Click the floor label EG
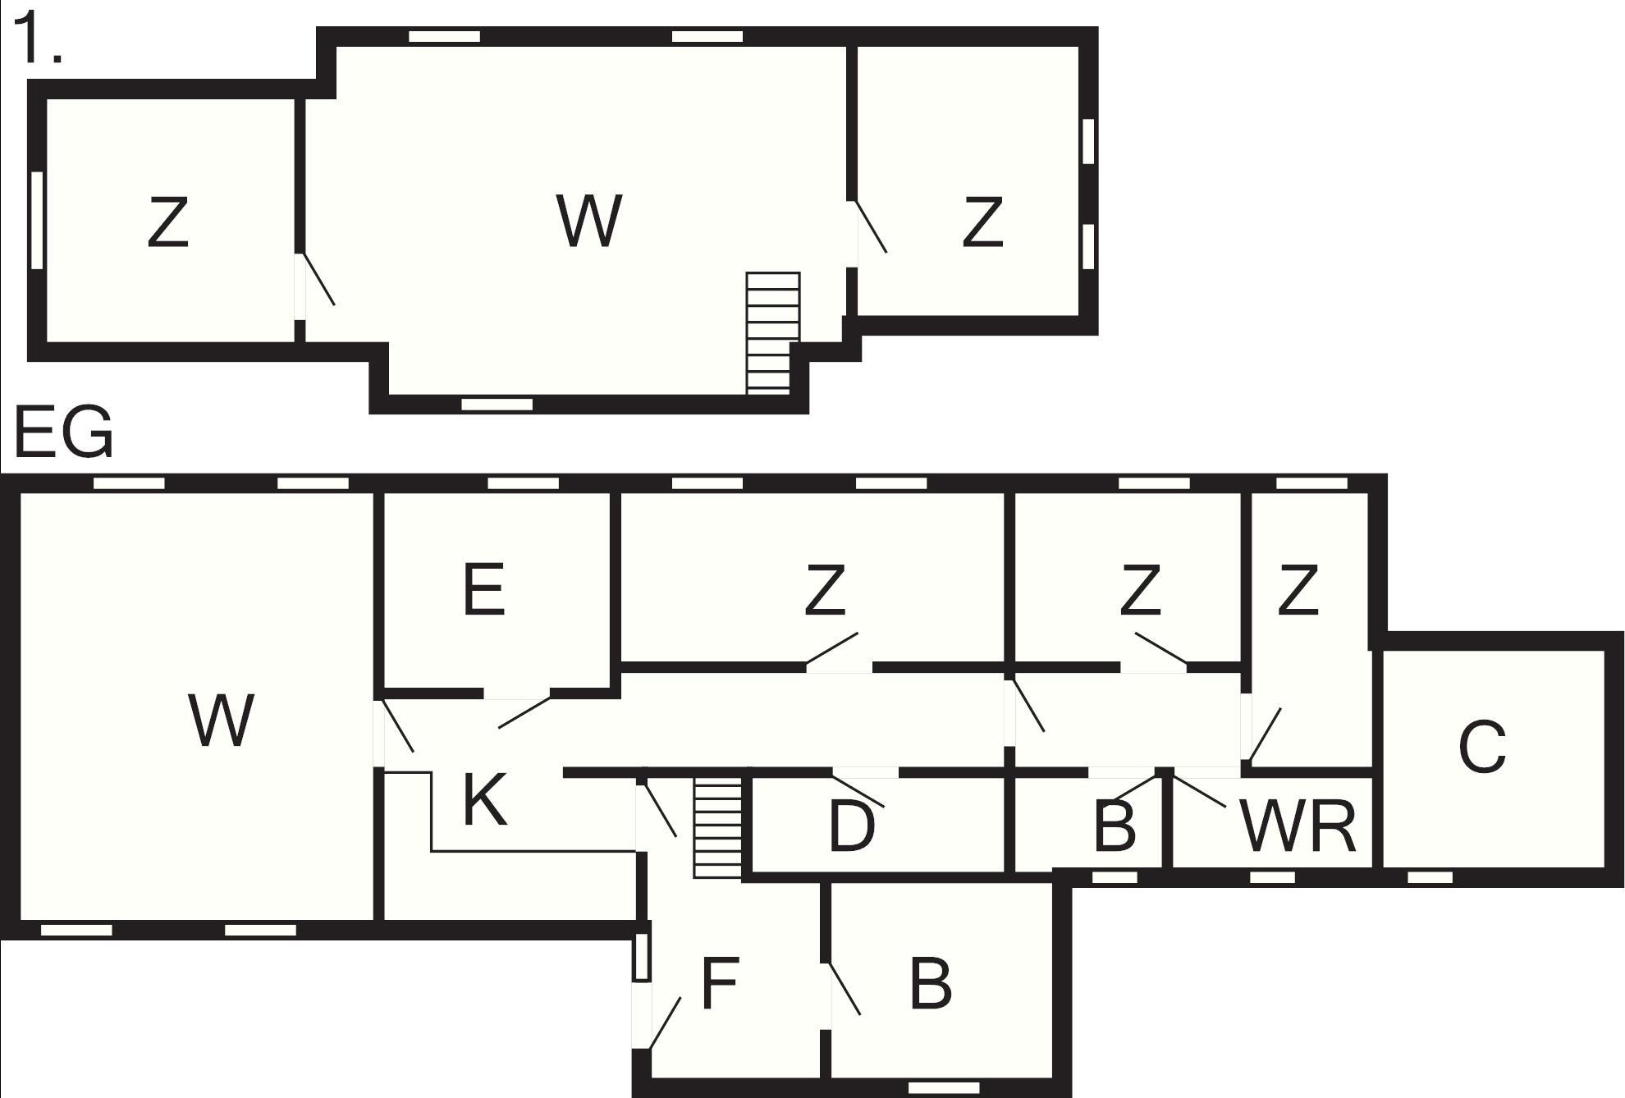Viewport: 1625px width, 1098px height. point(63,432)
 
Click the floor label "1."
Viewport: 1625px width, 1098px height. point(37,39)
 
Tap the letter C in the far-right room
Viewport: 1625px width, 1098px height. point(1482,747)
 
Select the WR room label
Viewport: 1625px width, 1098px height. point(1298,826)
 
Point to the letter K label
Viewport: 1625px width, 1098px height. point(484,800)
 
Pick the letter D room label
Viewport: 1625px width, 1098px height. point(852,826)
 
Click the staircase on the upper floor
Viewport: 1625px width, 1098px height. point(771,332)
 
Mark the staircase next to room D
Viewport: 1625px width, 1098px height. point(717,828)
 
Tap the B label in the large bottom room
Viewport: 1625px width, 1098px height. point(931,984)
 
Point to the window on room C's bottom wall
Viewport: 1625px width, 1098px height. point(1430,878)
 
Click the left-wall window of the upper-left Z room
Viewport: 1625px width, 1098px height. point(37,220)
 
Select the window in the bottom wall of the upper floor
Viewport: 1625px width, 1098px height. point(497,404)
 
